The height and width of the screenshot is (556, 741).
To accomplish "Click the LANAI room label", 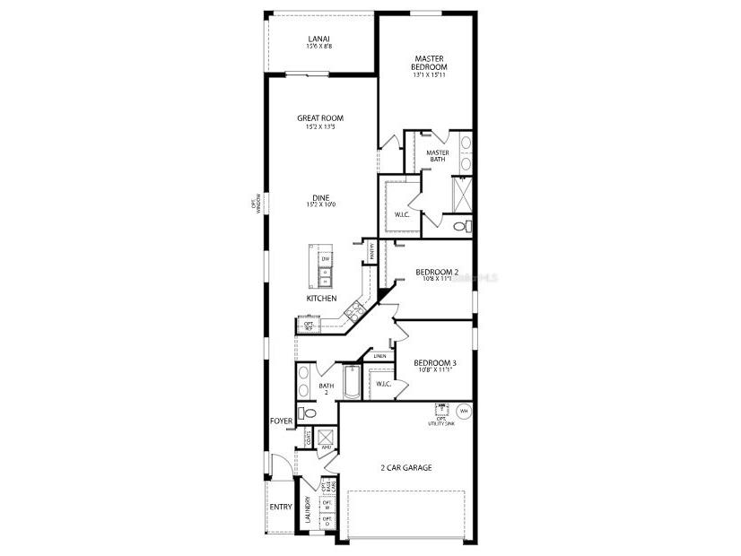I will coord(318,39).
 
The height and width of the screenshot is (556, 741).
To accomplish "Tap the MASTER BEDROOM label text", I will coord(429,63).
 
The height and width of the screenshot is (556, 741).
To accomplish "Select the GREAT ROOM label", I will coord(320,118).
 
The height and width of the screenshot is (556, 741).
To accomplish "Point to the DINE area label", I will coord(320,199).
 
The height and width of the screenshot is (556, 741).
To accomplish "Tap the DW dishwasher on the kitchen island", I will coord(326,259).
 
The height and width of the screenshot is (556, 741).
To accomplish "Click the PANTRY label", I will coord(370,254).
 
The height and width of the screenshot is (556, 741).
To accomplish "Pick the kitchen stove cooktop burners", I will coord(353,311).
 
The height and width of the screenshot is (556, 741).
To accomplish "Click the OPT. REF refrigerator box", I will coord(308,326).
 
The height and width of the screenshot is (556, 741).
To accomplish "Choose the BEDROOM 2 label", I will coord(437,273).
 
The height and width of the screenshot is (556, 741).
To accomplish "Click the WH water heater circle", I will coord(464,412).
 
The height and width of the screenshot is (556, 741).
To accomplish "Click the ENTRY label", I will coord(281,507).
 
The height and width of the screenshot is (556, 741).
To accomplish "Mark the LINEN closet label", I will coord(381,356).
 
